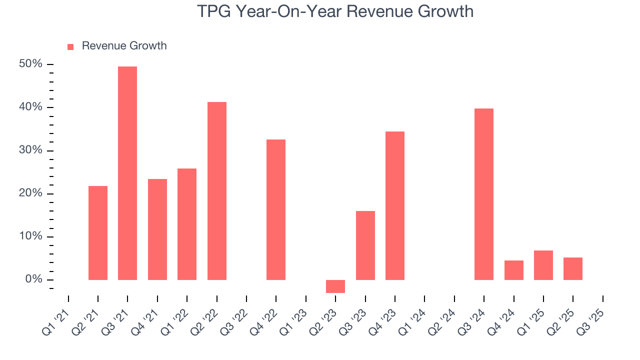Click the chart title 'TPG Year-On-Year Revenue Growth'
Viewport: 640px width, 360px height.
click(335, 11)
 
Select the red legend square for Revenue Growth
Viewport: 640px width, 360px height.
click(70, 46)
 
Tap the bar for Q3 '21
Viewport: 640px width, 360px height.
click(127, 173)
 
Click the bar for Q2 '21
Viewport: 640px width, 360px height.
click(98, 232)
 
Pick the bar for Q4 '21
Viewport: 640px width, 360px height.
click(157, 229)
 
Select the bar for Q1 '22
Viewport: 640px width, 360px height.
click(187, 224)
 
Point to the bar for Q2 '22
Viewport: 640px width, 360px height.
click(217, 190)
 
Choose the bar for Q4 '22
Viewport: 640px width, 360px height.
click(276, 209)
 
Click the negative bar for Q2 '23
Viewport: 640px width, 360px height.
click(335, 286)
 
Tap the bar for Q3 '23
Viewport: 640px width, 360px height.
click(365, 245)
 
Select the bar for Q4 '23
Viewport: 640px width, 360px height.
click(395, 205)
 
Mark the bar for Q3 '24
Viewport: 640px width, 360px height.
click(484, 194)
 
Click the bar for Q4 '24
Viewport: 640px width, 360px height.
click(514, 270)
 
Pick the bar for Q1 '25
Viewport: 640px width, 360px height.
click(543, 265)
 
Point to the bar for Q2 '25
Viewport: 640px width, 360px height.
click(573, 268)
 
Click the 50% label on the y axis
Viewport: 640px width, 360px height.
click(31, 64)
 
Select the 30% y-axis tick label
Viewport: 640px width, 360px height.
click(31, 150)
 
